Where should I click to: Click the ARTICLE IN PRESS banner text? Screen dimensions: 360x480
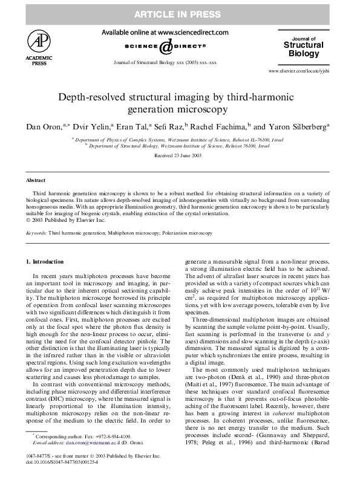click(180, 14)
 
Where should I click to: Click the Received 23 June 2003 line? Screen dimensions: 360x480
click(180, 155)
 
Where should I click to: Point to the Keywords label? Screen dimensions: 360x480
click(36, 232)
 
